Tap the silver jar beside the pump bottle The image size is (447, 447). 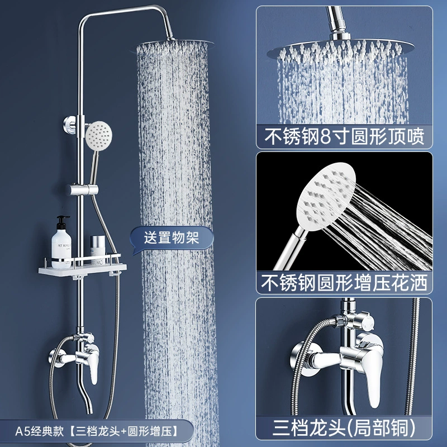(98, 246)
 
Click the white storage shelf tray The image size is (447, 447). (82, 269)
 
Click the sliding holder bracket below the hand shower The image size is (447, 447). (83, 189)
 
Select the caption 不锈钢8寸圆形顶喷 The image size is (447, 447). (344, 136)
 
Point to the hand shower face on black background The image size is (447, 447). (326, 197)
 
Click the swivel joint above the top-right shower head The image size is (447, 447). (340, 35)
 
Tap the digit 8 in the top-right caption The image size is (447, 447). (326, 137)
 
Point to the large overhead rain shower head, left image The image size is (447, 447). (173, 45)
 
